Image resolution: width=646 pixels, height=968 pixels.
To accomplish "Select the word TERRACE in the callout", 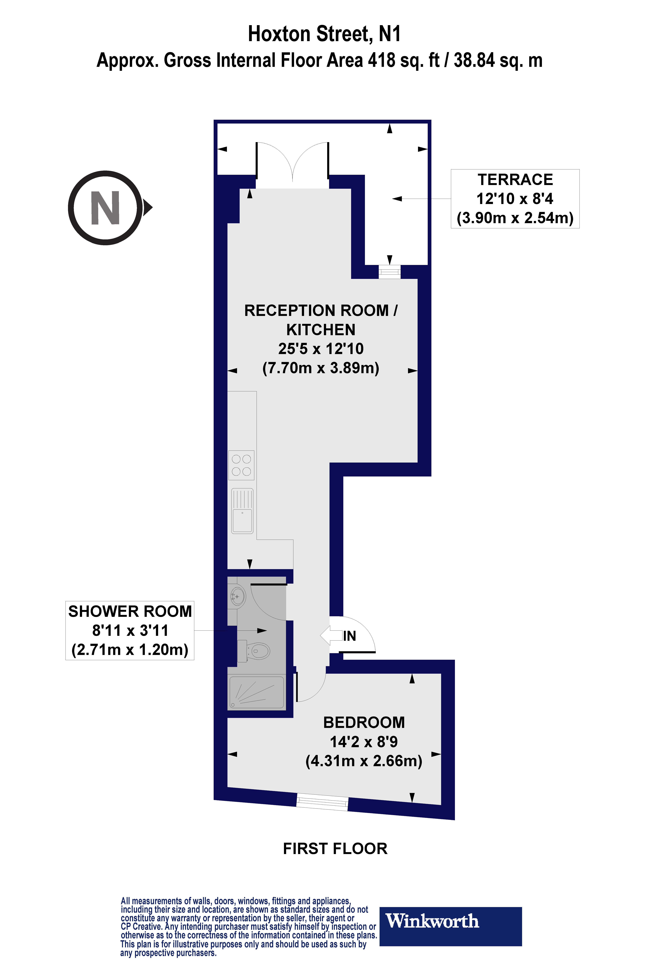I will pyautogui.click(x=515, y=180).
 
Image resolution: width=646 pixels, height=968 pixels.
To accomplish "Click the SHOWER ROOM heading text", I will pyautogui.click(x=130, y=612).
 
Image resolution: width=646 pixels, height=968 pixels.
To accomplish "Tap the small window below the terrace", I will pyautogui.click(x=389, y=272).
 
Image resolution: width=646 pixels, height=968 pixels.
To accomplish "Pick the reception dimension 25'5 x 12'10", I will pyautogui.click(x=321, y=349).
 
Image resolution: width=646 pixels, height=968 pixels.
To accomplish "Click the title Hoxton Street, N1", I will pyautogui.click(x=324, y=34).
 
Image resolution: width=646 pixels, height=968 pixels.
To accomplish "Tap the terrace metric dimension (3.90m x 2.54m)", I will pyautogui.click(x=515, y=218).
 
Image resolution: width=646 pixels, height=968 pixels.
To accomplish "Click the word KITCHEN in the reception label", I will pyautogui.click(x=321, y=330).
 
